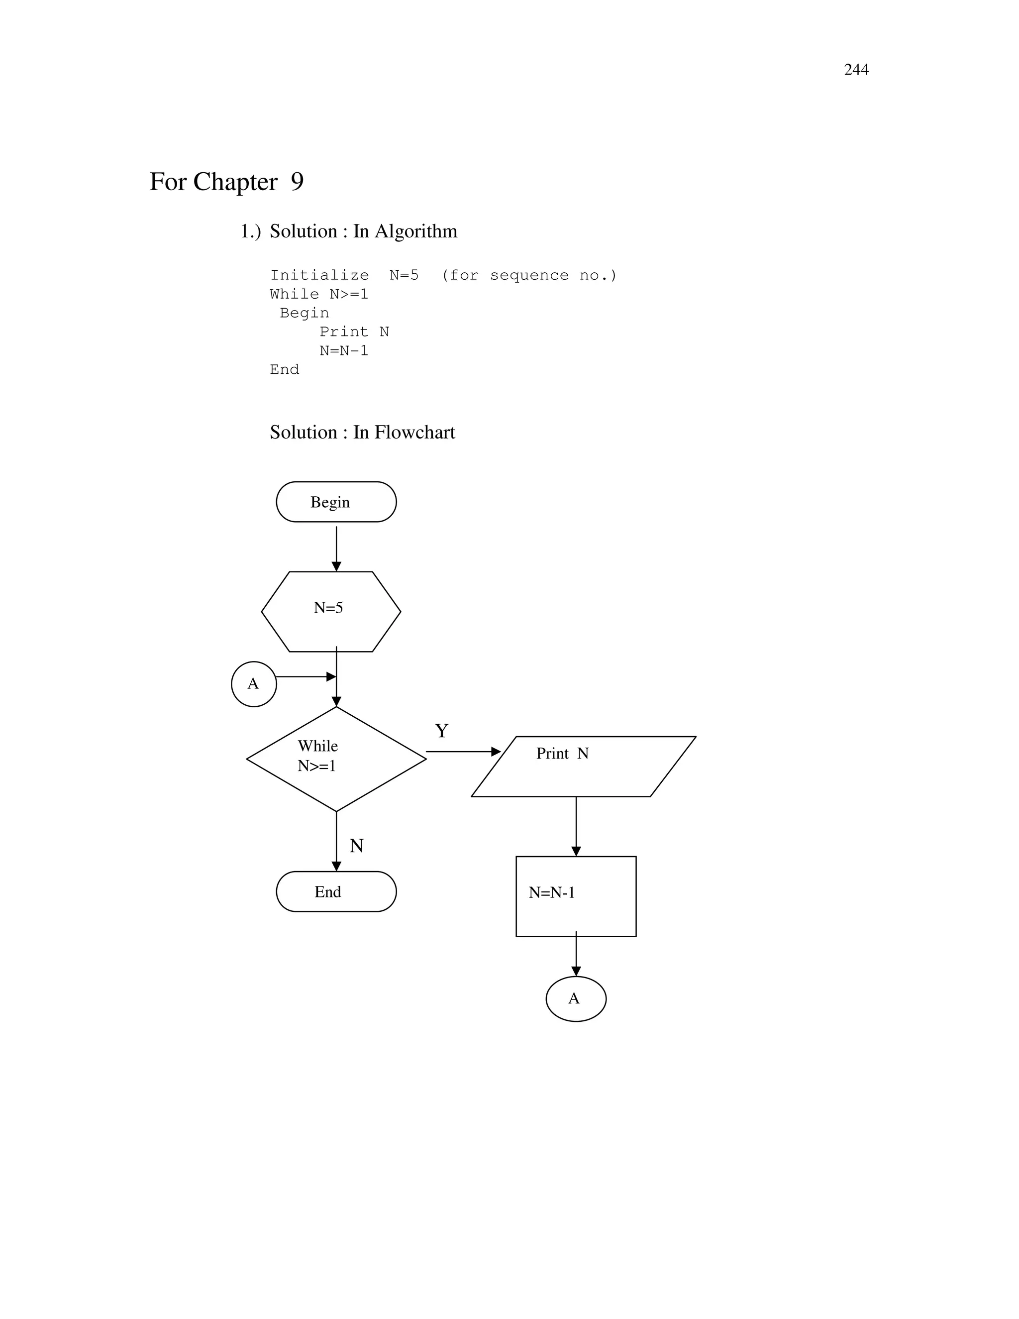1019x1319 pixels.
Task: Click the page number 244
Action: click(x=855, y=70)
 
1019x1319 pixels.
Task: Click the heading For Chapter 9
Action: click(x=226, y=182)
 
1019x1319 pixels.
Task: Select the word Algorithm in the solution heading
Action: click(x=416, y=231)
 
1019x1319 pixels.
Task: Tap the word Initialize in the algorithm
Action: click(x=319, y=275)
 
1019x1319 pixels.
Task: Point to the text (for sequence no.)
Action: click(x=529, y=275)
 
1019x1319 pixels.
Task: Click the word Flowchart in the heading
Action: click(x=415, y=433)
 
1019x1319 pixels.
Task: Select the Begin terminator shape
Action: click(x=336, y=502)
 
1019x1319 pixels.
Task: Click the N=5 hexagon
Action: click(x=331, y=611)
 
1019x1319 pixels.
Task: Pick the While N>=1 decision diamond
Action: click(x=336, y=759)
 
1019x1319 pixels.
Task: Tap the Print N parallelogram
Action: click(x=583, y=767)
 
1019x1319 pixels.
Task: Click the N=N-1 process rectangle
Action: click(x=575, y=896)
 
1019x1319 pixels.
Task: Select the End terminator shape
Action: click(x=336, y=891)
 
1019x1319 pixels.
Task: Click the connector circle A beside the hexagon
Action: click(x=254, y=684)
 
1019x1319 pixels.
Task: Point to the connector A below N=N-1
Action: click(x=575, y=998)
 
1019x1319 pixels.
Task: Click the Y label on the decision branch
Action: click(x=441, y=731)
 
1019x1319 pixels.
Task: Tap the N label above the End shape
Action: click(x=356, y=846)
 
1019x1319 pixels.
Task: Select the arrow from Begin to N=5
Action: click(x=336, y=547)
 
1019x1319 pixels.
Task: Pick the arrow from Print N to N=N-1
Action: click(x=576, y=826)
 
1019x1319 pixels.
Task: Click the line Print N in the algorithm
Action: click(x=354, y=332)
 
